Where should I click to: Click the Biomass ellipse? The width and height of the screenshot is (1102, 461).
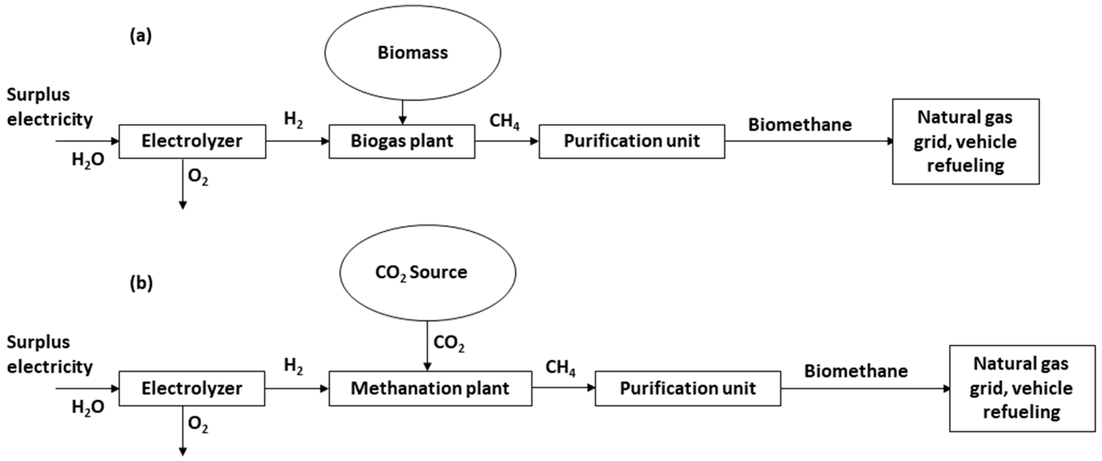412,53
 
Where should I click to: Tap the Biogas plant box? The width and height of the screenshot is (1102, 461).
402,141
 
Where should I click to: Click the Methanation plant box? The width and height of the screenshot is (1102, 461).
430,388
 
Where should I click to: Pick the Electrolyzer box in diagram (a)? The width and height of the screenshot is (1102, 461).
192,141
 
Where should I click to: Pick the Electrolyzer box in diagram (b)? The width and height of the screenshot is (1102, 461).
192,388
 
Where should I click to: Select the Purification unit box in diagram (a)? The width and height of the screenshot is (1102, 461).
631,141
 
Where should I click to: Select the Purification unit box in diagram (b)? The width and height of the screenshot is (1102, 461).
688,388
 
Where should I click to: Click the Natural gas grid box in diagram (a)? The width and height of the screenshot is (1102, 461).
965,141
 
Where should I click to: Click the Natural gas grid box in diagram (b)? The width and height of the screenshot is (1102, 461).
1022,388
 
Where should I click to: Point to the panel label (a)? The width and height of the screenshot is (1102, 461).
141,37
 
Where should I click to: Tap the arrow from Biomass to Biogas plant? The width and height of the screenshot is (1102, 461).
402,112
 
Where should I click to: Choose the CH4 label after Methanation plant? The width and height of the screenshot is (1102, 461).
560,368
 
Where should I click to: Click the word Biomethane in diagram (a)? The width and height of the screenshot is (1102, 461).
800,125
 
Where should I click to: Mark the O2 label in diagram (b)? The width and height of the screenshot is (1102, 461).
198,425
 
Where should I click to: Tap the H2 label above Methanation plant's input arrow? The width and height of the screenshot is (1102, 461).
293,366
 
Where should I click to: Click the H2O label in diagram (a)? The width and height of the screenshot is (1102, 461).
88,160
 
